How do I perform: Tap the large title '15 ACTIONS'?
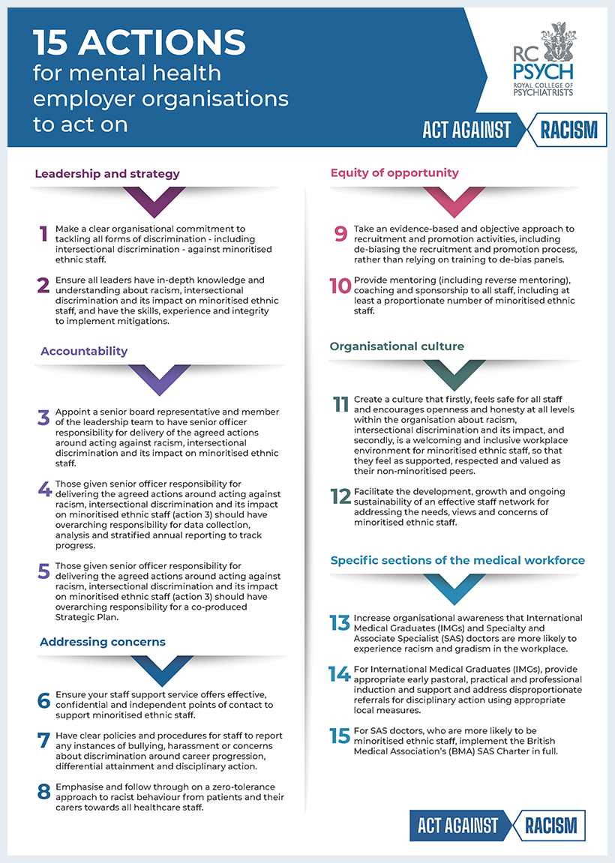(139, 43)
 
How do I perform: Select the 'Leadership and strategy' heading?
(107, 174)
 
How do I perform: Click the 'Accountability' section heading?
(84, 351)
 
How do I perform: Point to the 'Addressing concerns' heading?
(103, 642)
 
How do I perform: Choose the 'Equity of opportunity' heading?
(394, 173)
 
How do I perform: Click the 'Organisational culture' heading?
(397, 346)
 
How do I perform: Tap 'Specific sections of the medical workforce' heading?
(457, 560)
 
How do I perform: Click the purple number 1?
(43, 235)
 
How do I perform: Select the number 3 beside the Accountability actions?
(43, 418)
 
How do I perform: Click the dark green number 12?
(340, 497)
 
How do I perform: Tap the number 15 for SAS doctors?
(340, 736)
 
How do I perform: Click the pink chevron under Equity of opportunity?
(454, 202)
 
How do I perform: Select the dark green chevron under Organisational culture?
(454, 375)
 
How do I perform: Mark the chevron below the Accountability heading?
(158, 379)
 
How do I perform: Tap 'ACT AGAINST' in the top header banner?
(466, 130)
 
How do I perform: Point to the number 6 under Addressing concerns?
(44, 700)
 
